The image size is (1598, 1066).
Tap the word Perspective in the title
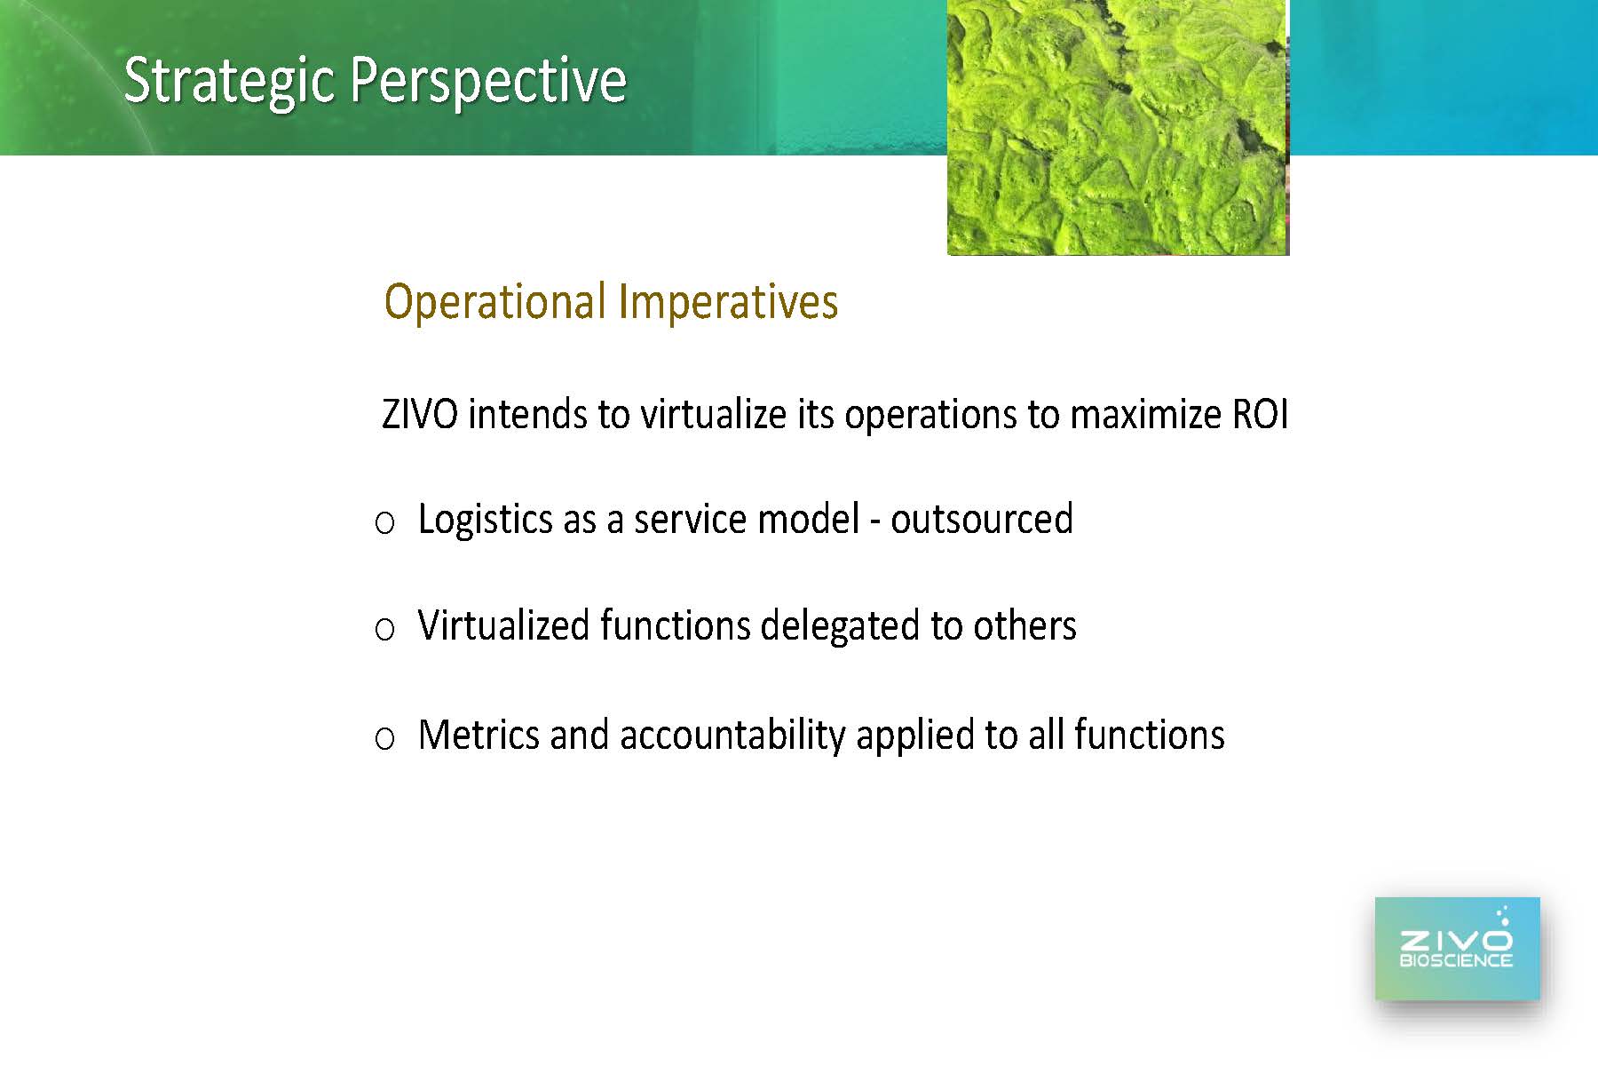tap(489, 82)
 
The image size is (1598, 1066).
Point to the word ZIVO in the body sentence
tap(420, 415)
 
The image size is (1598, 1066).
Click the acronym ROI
tap(1261, 415)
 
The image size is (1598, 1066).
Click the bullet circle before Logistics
tap(384, 523)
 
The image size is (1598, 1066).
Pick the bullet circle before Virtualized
tap(384, 630)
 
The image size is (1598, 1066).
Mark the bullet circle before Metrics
tap(384, 738)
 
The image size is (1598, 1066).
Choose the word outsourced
tap(982, 519)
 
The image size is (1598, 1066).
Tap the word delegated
tap(840, 627)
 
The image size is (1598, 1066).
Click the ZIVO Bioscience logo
tap(1457, 949)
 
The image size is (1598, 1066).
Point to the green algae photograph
tap(1118, 127)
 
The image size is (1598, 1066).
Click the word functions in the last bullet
tap(1149, 735)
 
